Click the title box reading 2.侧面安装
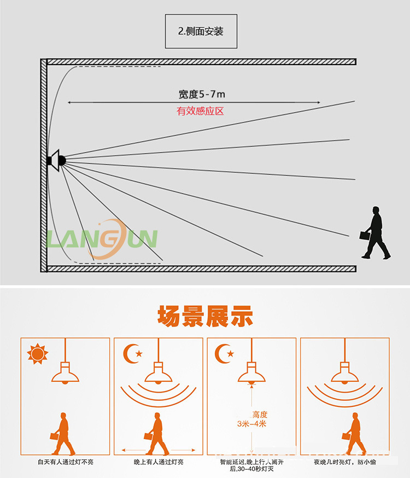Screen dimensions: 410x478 [x=201, y=31]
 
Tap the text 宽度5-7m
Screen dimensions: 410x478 [x=202, y=95]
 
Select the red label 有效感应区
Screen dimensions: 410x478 [x=201, y=111]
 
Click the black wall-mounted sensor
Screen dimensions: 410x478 [x=56, y=160]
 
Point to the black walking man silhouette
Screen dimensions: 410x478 [x=376, y=232]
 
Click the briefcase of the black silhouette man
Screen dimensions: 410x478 [x=364, y=235]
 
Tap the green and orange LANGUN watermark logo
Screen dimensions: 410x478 [x=102, y=239]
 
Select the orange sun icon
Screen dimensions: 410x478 [x=37, y=354]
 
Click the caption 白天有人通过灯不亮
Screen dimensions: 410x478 [x=66, y=462]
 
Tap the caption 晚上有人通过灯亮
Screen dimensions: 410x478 [x=159, y=462]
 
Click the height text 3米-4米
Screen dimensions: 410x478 [x=251, y=424]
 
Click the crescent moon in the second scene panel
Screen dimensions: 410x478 [x=132, y=353]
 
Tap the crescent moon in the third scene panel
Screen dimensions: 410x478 [x=224, y=353]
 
